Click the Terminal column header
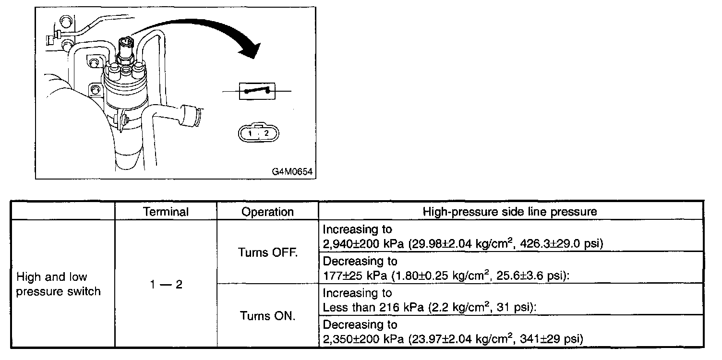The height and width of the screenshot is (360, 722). pyautogui.click(x=166, y=212)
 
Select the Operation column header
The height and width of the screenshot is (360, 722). pyautogui.click(x=267, y=212)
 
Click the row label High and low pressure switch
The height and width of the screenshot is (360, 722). pyautogui.click(x=58, y=284)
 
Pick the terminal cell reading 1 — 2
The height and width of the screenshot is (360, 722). pyautogui.click(x=166, y=285)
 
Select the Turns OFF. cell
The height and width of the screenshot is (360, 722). pyautogui.click(x=267, y=252)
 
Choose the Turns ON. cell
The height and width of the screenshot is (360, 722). pyautogui.click(x=267, y=316)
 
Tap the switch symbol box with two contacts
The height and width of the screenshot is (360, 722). pyautogui.click(x=257, y=90)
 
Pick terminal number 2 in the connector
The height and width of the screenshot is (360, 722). pyautogui.click(x=267, y=133)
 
